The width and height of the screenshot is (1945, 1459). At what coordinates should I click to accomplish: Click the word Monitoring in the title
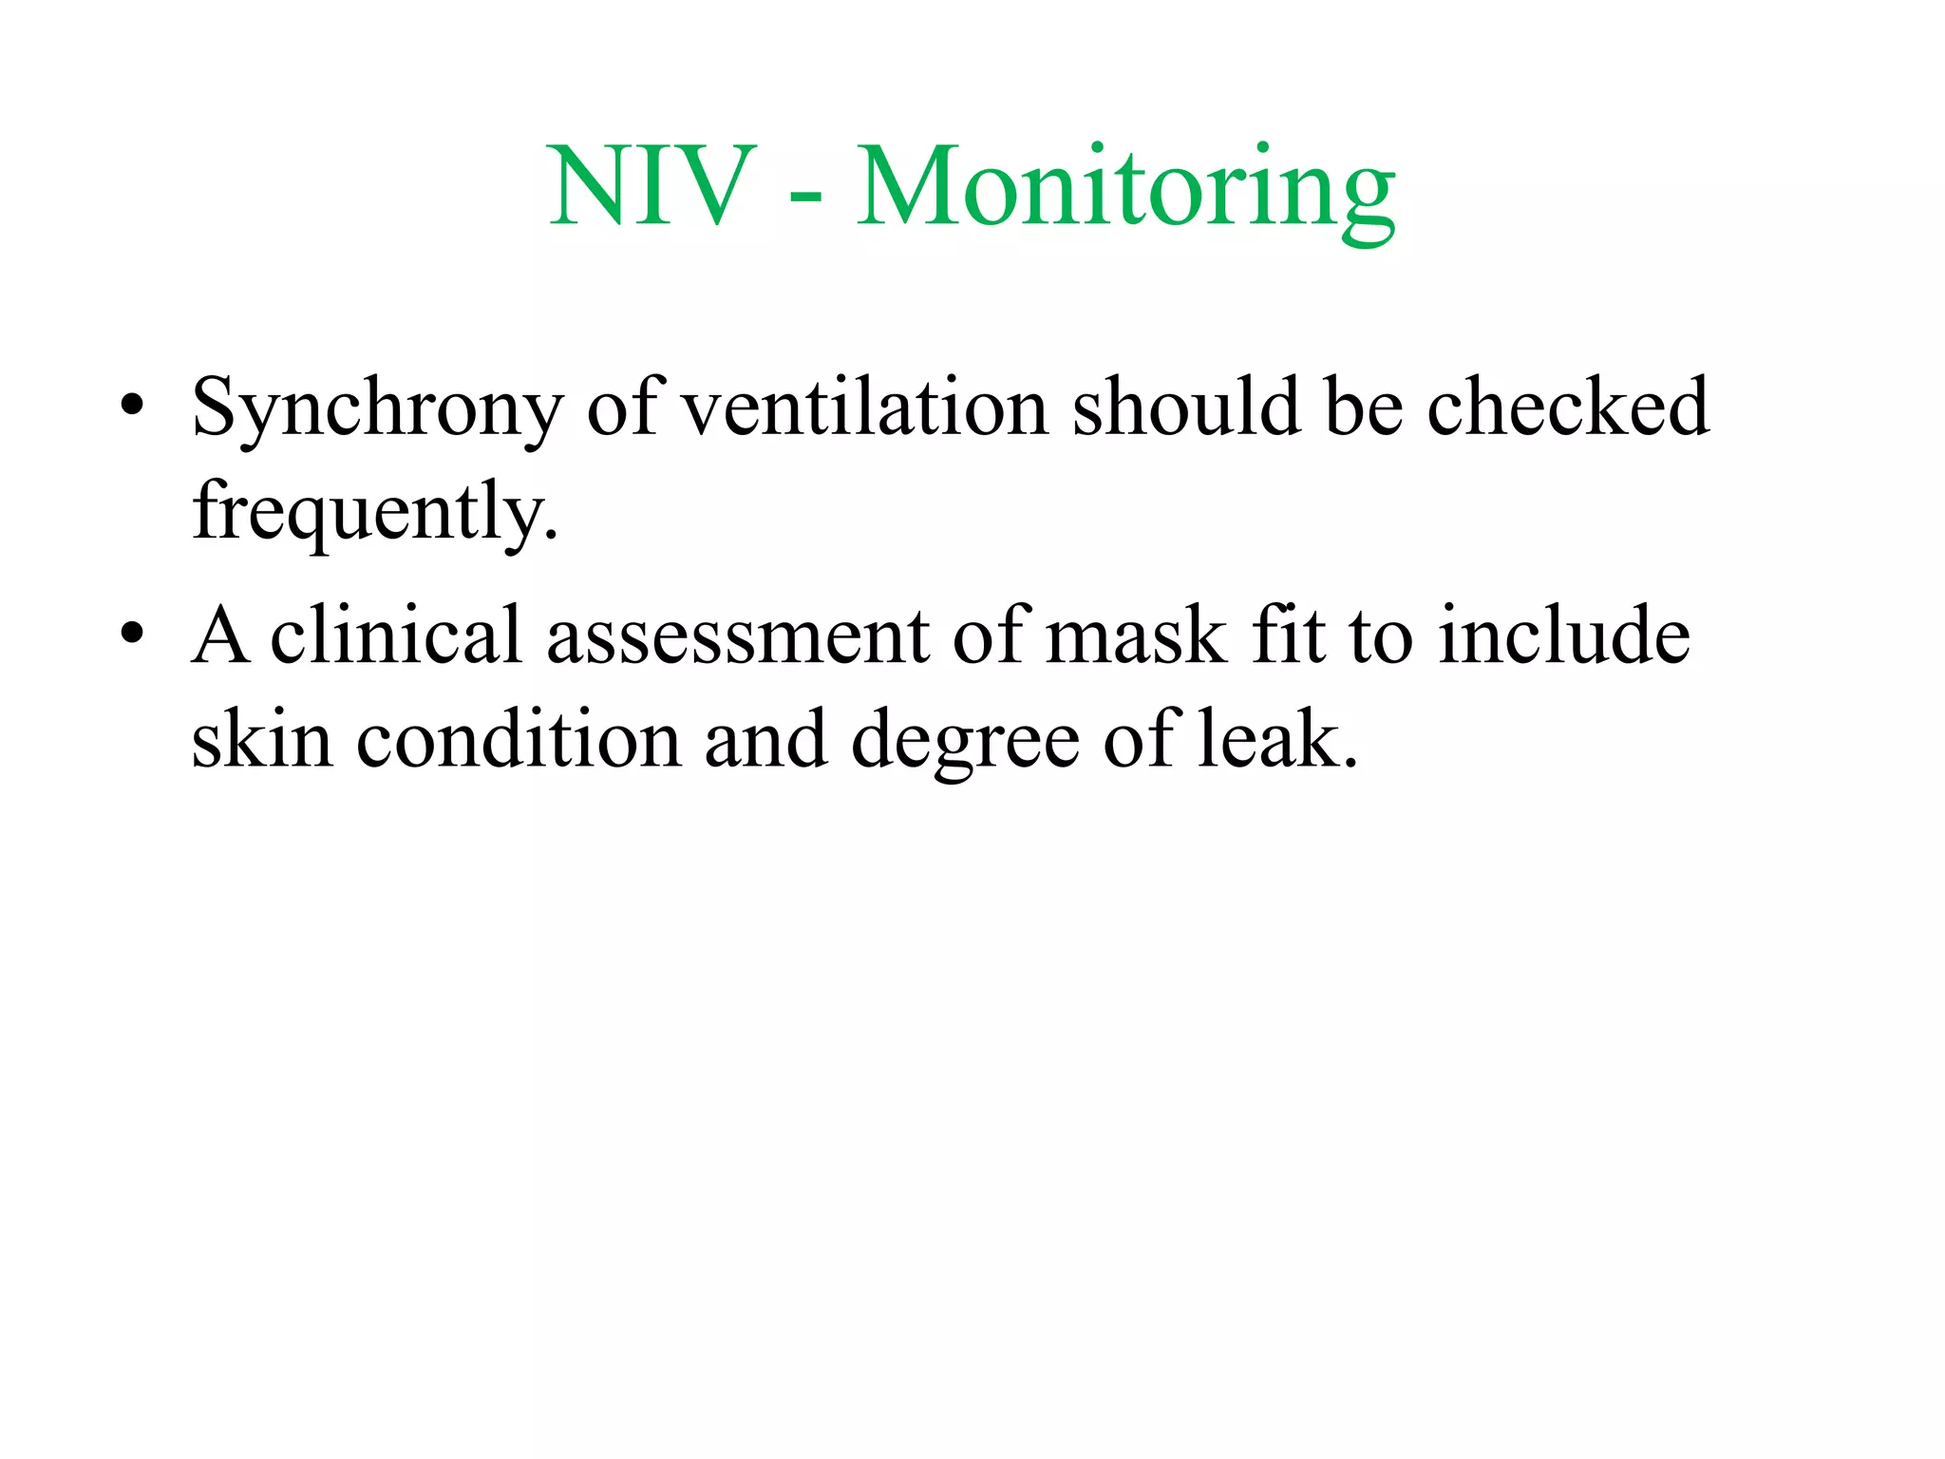[x=1125, y=188]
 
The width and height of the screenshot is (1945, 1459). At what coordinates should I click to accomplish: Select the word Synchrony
[x=377, y=408]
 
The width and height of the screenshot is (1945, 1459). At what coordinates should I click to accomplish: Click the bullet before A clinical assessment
[x=132, y=632]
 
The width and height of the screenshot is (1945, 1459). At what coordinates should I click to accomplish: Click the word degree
[x=964, y=741]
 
